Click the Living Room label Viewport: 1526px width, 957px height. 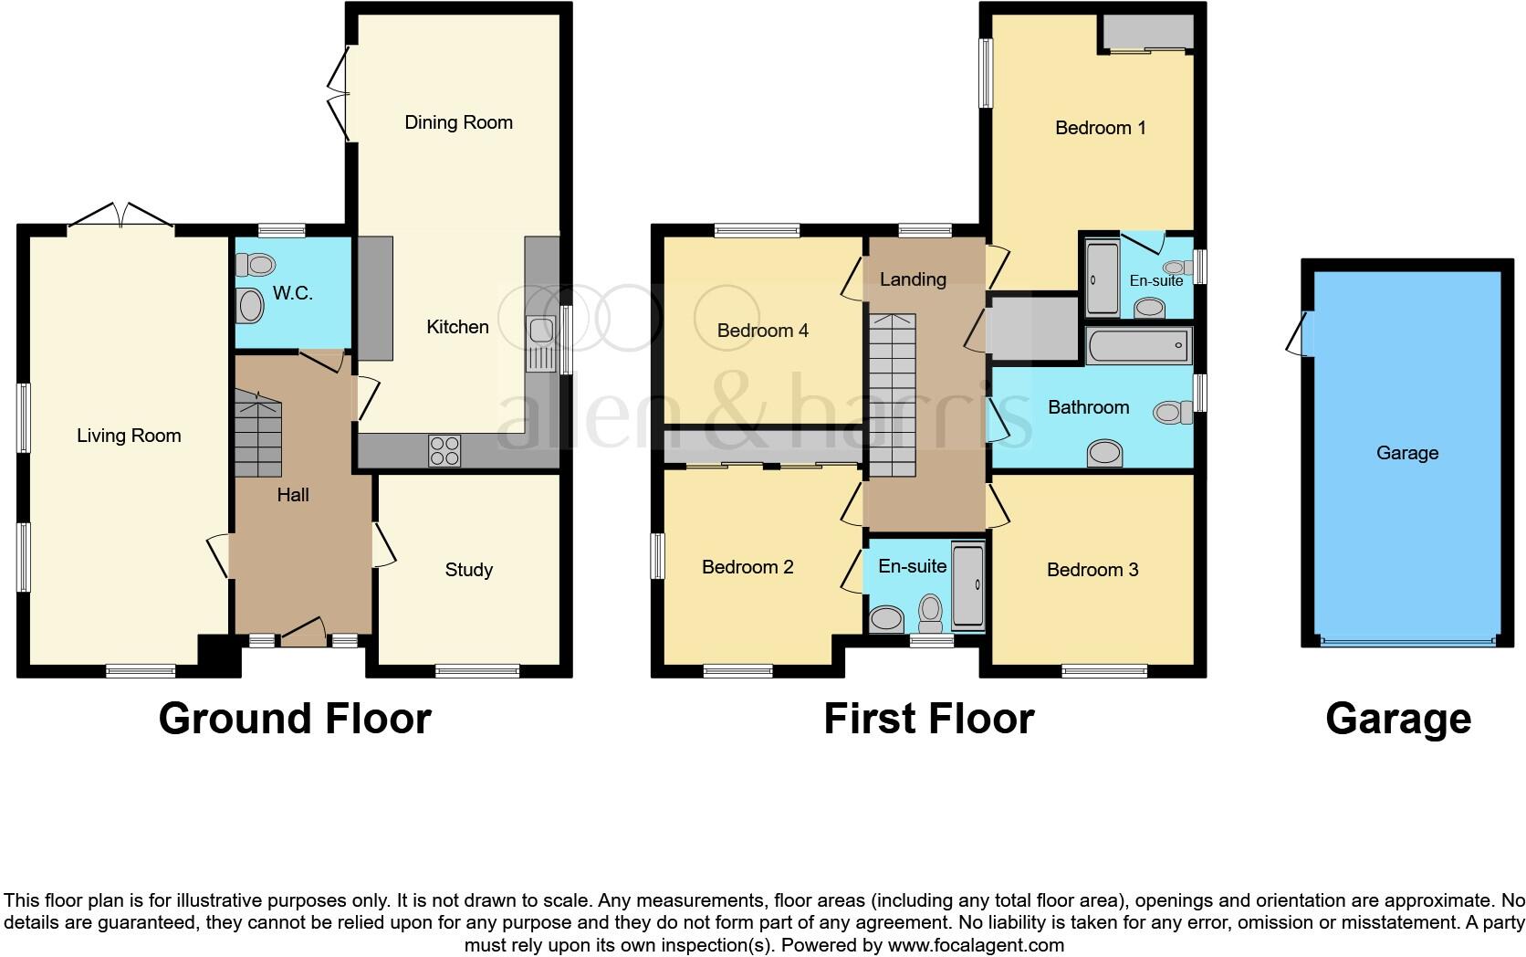point(129,436)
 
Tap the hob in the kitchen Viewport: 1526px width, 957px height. point(445,450)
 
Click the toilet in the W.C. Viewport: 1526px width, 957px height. point(256,265)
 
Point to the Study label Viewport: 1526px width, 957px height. point(469,570)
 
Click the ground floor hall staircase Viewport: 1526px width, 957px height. point(258,436)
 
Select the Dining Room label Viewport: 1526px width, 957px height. point(458,122)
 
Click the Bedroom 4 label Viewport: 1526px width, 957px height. point(763,331)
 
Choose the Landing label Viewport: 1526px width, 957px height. point(913,279)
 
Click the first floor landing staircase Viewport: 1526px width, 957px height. point(891,395)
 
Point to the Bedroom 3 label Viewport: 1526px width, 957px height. point(1092,570)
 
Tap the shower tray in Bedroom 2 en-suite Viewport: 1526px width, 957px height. point(968,586)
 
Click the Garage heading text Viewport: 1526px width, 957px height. point(1398,719)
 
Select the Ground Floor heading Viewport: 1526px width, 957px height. point(295,719)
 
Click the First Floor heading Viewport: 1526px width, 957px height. point(929,719)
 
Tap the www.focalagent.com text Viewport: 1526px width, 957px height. point(975,945)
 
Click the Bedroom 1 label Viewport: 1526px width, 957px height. point(1100,128)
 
